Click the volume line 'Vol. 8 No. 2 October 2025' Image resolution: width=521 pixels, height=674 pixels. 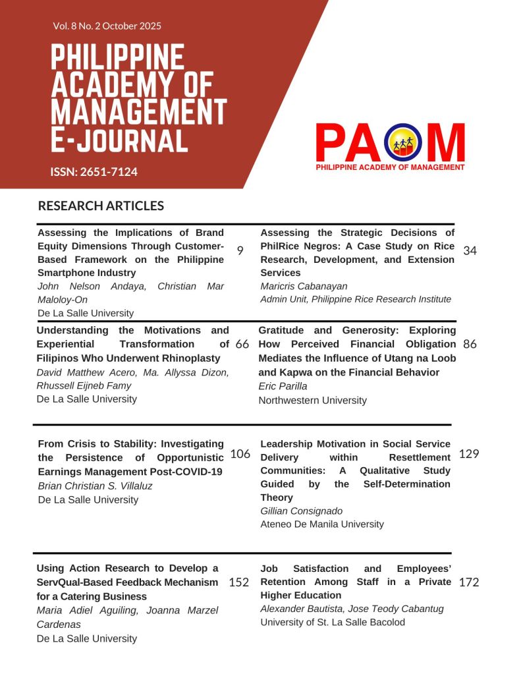[x=107, y=26]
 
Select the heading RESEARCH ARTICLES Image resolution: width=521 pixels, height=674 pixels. [x=101, y=206]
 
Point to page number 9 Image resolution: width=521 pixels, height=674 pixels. [x=240, y=250]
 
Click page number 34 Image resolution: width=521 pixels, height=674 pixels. [x=470, y=250]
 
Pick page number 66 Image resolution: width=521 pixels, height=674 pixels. [x=242, y=344]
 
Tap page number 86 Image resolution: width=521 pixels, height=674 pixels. [x=470, y=344]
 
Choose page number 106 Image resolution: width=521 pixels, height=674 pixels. [x=240, y=453]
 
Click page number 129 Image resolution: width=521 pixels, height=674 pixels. [x=469, y=453]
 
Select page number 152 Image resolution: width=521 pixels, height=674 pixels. [x=238, y=582]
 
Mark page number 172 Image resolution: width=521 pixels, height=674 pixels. [x=469, y=582]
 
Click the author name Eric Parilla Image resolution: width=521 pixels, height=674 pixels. [x=283, y=386]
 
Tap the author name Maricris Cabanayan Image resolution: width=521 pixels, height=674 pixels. [x=304, y=286]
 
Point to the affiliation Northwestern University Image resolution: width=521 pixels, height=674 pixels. [x=312, y=400]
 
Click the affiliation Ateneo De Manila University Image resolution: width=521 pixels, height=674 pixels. [x=322, y=524]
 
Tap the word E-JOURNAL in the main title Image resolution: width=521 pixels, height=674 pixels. [x=119, y=140]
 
